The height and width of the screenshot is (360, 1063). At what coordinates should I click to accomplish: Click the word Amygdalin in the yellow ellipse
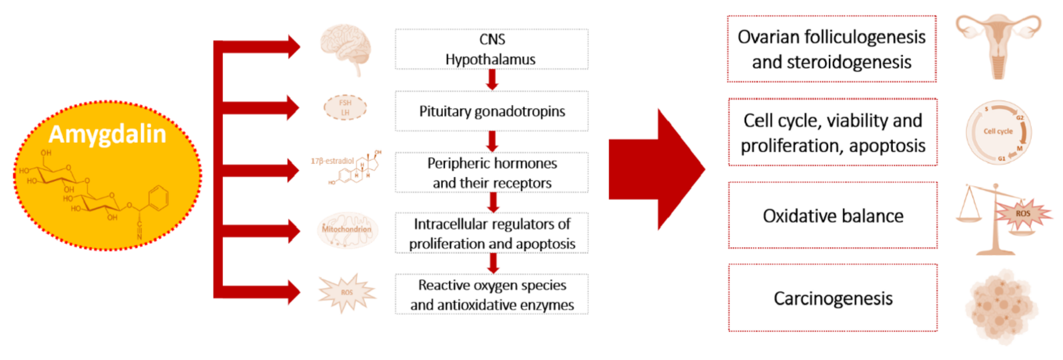(107, 134)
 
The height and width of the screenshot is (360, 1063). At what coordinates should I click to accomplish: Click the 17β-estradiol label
(332, 161)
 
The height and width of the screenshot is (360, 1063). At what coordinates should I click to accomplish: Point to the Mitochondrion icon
(347, 230)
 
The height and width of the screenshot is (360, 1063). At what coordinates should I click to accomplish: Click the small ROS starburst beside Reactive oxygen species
(347, 292)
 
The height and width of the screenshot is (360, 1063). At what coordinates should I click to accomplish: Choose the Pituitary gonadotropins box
(491, 111)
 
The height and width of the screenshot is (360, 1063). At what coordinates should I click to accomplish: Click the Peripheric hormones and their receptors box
(491, 173)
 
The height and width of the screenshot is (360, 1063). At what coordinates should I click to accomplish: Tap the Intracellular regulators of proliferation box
(491, 233)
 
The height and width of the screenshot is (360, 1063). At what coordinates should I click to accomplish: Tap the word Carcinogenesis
(833, 298)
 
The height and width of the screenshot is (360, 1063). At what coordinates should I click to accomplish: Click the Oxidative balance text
(833, 216)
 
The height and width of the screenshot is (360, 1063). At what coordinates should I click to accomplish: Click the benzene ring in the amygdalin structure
(158, 198)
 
